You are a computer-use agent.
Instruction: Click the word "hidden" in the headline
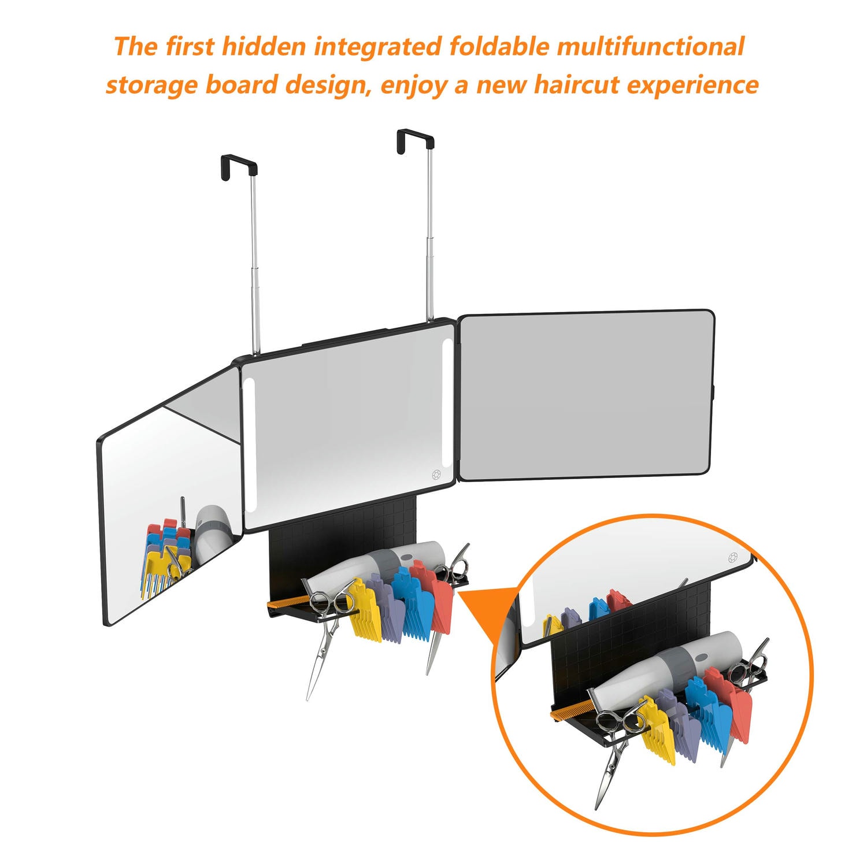click(264, 47)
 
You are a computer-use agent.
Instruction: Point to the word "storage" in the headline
click(151, 86)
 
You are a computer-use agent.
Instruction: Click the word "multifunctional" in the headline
click(651, 47)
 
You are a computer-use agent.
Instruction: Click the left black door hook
click(238, 166)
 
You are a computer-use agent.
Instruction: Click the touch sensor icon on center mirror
click(437, 475)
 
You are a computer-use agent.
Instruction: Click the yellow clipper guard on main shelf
click(365, 611)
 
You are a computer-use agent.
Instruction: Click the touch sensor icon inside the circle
click(733, 558)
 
